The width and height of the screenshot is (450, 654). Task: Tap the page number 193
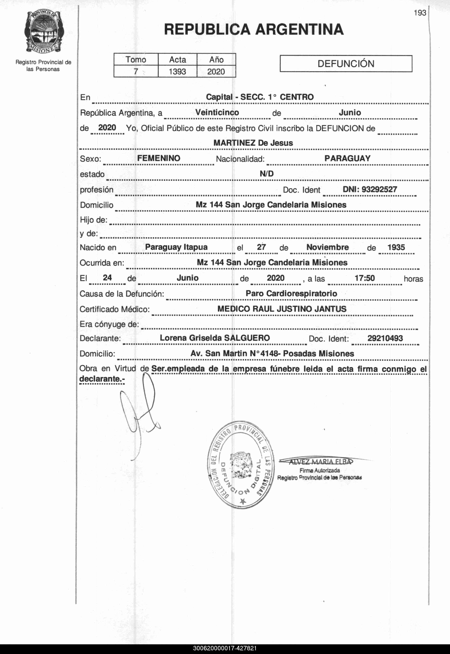[x=420, y=13]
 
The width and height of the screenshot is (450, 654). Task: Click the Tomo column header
[x=136, y=59]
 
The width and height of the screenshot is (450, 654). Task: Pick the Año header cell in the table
[x=216, y=59]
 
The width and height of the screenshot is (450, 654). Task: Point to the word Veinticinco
[x=217, y=113]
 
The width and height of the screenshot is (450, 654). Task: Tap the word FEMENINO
[x=159, y=158]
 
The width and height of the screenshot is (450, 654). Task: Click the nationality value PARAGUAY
[x=347, y=158]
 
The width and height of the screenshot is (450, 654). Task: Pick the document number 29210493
[x=385, y=338]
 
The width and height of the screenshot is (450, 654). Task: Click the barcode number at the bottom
[x=225, y=648]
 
